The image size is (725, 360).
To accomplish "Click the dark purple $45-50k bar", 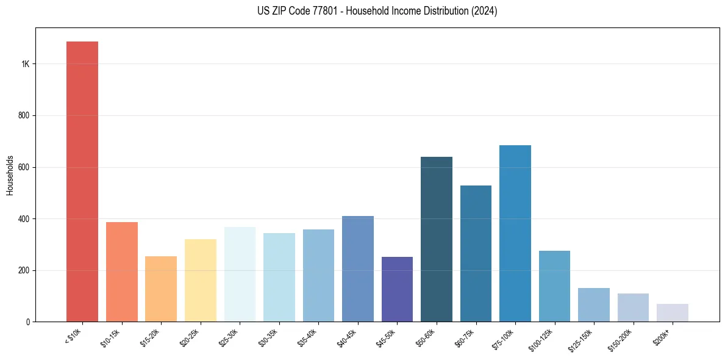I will click(x=397, y=289).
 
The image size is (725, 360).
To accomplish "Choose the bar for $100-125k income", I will click(x=554, y=286).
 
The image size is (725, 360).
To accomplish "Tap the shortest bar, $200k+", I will click(x=673, y=312).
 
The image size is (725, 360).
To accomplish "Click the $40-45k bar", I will click(x=358, y=268).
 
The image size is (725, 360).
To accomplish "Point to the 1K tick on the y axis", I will click(x=26, y=64).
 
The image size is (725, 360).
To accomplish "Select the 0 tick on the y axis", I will click(x=27, y=322).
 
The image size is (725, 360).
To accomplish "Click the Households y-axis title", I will click(x=10, y=175).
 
